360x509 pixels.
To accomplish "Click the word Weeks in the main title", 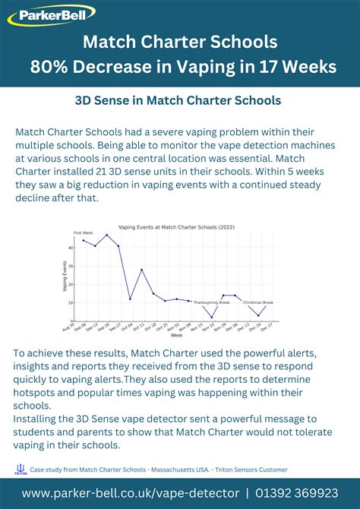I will [x=308, y=67].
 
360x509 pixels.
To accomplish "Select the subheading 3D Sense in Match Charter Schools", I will [x=178, y=100].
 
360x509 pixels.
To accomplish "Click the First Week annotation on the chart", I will [x=83, y=232].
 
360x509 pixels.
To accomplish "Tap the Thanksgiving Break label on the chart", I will [x=211, y=302].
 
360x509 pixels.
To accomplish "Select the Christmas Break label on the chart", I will [x=258, y=302].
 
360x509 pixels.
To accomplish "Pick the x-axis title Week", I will [x=176, y=335].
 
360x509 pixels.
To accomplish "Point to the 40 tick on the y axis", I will [x=71, y=248].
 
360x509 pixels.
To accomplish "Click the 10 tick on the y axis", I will [x=71, y=302].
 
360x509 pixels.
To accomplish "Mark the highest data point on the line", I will [x=84, y=240].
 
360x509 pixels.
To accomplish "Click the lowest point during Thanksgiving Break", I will [x=212, y=317].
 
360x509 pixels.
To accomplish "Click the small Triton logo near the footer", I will [x=21, y=469].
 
